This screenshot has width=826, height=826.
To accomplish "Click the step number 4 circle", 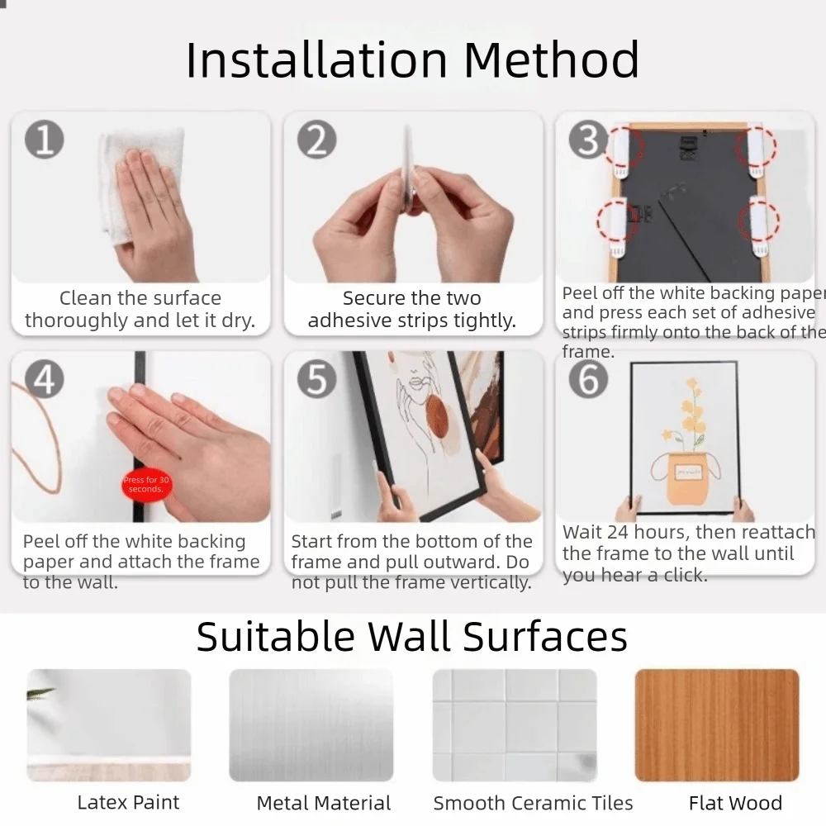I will (44, 378).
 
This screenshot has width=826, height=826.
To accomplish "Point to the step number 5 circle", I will (316, 378).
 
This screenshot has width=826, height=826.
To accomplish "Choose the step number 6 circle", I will (588, 378).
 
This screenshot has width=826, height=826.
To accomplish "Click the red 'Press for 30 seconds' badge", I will (145, 485).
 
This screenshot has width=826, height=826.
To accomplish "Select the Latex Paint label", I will (128, 803).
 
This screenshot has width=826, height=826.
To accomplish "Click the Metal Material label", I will (323, 803).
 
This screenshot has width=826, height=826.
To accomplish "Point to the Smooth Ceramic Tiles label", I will (533, 803).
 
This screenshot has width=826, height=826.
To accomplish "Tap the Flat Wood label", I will (735, 803).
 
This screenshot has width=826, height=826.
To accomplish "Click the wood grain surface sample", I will (716, 725).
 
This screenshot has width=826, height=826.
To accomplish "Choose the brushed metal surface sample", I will (311, 725).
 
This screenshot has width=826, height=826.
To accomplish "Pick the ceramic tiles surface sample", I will (514, 725).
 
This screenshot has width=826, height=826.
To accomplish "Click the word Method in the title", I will (551, 59).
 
